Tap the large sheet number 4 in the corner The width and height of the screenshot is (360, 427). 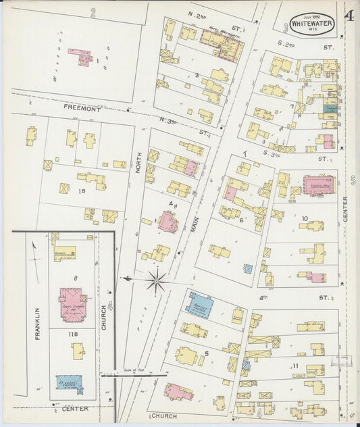(350, 16)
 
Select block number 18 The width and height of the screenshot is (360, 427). (82, 192)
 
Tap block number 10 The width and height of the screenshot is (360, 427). (305, 218)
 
